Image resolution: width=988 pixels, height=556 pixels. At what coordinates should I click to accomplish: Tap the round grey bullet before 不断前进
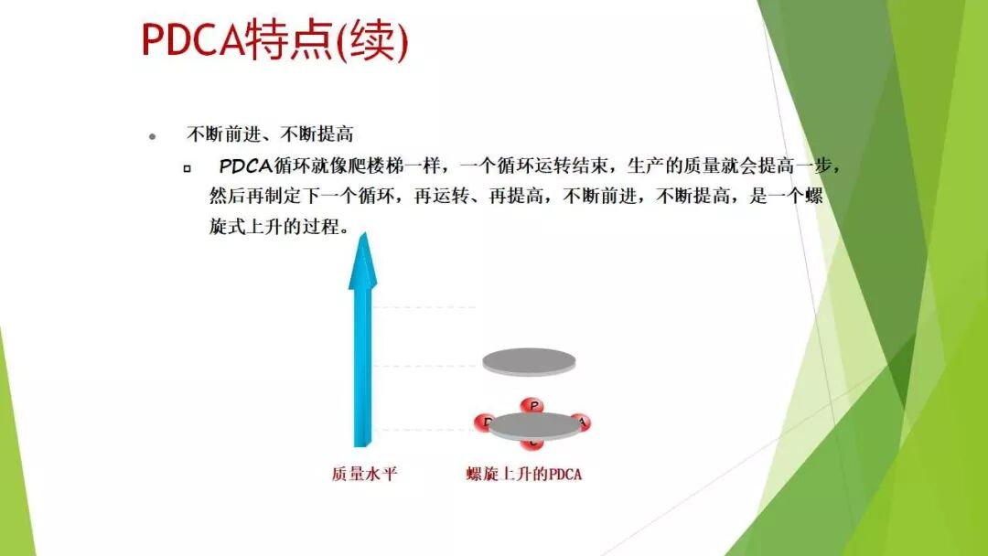[153, 136]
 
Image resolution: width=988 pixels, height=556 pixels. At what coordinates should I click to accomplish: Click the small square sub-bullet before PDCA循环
[188, 168]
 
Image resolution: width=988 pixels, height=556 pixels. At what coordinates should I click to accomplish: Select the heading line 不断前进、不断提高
[270, 135]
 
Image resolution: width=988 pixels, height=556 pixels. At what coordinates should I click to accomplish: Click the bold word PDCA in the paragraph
[245, 166]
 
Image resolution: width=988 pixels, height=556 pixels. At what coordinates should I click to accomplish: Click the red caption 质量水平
[363, 474]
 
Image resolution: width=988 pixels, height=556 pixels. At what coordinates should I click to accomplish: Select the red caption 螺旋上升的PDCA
[523, 474]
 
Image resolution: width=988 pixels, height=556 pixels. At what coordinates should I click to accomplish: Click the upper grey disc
[529, 361]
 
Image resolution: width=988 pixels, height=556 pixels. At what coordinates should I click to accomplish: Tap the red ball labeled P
[532, 405]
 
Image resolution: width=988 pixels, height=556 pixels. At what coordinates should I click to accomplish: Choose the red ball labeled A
[580, 422]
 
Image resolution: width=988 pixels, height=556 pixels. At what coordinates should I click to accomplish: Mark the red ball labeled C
[532, 444]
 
